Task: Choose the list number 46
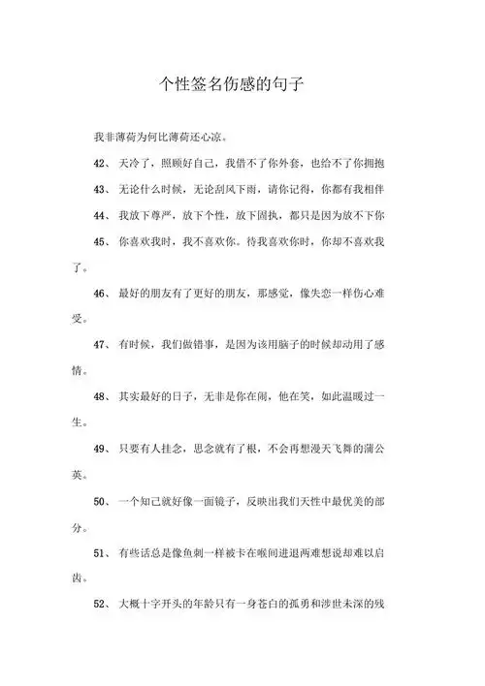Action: pos(101,293)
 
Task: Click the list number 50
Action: pos(101,502)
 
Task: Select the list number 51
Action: pos(101,554)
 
